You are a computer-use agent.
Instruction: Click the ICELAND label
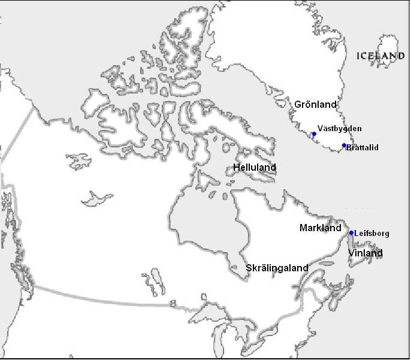(380, 56)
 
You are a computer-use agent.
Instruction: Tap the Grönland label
(315, 104)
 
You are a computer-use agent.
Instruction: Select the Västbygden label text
(340, 129)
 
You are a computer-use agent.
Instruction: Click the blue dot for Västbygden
(314, 134)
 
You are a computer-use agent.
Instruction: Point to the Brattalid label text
(362, 147)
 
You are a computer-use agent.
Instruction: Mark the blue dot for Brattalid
(344, 146)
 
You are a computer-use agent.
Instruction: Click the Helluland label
(255, 168)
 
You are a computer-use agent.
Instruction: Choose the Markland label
(321, 228)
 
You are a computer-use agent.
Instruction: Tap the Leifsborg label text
(371, 234)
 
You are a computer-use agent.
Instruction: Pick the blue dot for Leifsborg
(352, 233)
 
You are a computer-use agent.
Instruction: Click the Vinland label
(365, 253)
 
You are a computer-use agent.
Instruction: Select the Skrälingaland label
(277, 268)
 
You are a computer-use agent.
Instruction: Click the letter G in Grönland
(298, 104)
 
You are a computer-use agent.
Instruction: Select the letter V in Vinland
(352, 253)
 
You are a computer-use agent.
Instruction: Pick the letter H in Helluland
(237, 168)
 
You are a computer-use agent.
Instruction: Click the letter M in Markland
(303, 228)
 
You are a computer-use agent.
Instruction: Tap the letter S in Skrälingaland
(249, 268)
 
